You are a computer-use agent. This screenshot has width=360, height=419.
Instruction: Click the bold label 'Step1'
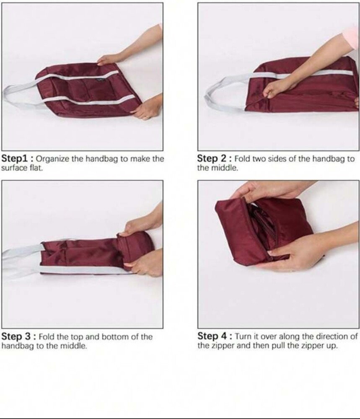15,158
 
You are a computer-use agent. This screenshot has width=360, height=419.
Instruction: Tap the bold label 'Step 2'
212,158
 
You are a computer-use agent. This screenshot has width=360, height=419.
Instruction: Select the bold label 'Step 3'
17,336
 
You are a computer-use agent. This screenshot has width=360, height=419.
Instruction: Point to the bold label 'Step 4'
212,336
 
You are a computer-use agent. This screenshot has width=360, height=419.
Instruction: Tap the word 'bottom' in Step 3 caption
114,336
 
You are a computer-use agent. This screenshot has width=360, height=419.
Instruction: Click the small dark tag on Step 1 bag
101,80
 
